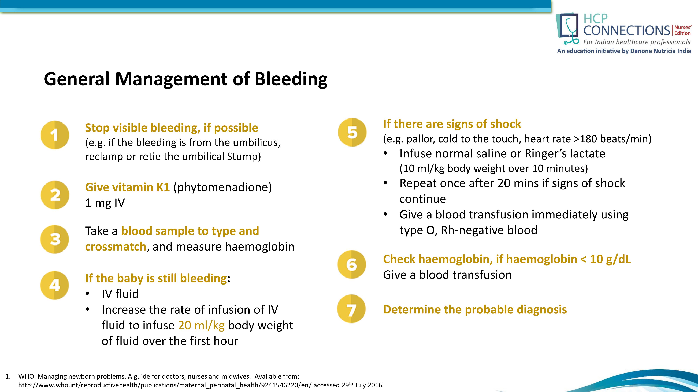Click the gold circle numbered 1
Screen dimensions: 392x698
pyautogui.click(x=55, y=135)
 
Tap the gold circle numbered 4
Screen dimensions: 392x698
pyautogui.click(x=54, y=285)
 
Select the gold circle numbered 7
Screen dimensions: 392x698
pyautogui.click(x=351, y=309)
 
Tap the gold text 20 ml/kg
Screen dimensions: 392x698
pyautogui.click(x=201, y=325)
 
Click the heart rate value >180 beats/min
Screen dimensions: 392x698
pyautogui.click(x=612, y=139)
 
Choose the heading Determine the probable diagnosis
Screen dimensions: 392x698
pyautogui.click(x=475, y=309)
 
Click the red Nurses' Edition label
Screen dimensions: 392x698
pyautogui.click(x=682, y=30)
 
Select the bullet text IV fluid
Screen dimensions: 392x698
pyautogui.click(x=120, y=294)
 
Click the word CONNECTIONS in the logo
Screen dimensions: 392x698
pyautogui.click(x=626, y=30)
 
